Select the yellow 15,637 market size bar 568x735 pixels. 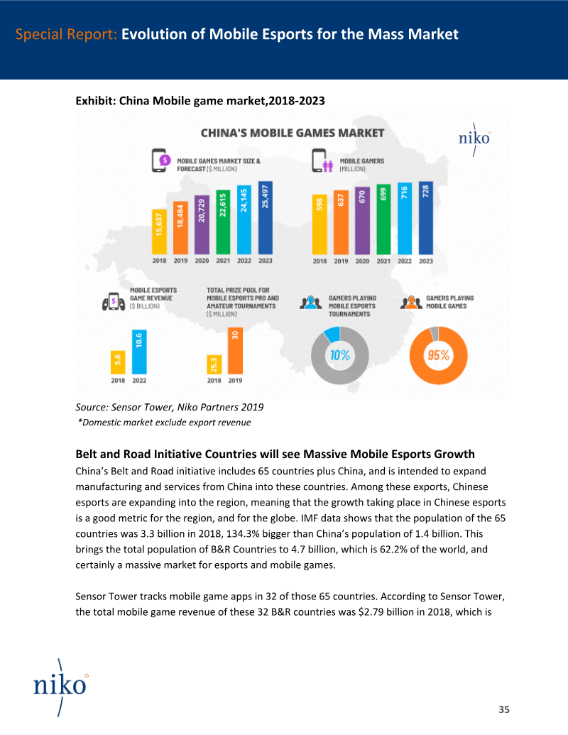click(x=159, y=232)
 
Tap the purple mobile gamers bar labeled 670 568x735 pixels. click(x=362, y=221)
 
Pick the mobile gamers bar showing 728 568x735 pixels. click(x=425, y=218)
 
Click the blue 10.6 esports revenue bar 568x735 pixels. click(x=139, y=352)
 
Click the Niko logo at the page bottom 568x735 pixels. click(x=60, y=686)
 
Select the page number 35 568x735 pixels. click(x=504, y=709)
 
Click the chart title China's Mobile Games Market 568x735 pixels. click(x=293, y=133)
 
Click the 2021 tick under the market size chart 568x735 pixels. click(x=223, y=261)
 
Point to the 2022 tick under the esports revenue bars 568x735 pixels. click(x=139, y=381)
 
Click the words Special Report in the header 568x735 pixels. click(x=66, y=34)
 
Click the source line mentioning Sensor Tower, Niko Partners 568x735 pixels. click(x=169, y=407)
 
